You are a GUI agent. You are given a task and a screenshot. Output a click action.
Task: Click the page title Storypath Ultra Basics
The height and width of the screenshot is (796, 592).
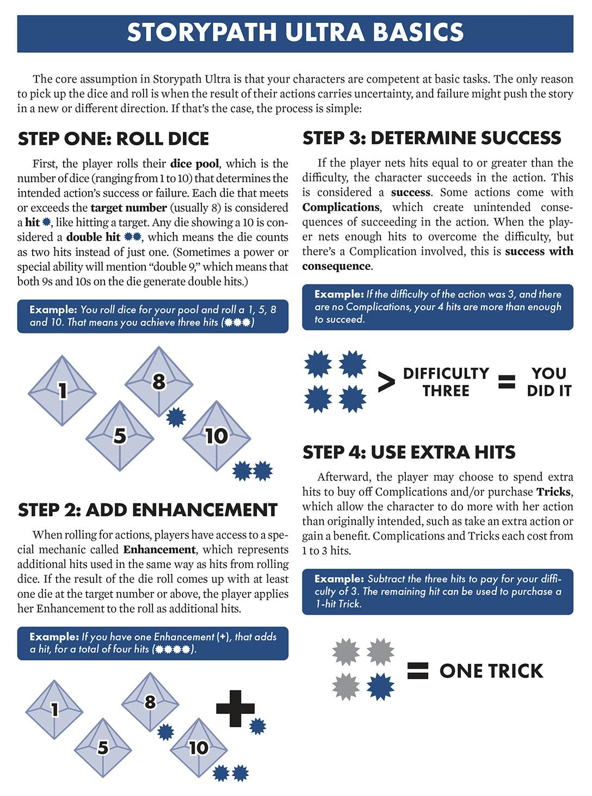click(x=295, y=33)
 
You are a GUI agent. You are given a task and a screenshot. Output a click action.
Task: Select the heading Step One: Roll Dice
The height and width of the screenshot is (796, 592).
click(x=113, y=139)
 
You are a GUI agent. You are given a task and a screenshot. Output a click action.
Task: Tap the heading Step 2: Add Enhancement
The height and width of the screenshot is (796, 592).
click(x=147, y=510)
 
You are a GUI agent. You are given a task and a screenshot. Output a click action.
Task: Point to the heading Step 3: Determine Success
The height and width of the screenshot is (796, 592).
click(x=431, y=138)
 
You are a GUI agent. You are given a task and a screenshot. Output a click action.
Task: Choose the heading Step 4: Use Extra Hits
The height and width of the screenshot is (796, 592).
click(x=409, y=452)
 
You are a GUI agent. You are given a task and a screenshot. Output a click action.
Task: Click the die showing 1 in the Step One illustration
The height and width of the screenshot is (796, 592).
click(x=62, y=390)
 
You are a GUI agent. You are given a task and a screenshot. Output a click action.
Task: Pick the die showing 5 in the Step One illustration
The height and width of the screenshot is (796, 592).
click(x=120, y=435)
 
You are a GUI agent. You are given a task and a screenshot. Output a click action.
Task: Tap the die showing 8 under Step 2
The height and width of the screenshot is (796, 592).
click(x=150, y=702)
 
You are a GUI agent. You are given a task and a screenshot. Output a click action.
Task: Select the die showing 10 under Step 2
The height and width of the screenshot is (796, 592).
click(x=198, y=748)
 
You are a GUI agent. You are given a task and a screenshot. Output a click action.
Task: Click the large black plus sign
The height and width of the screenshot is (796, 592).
click(x=235, y=708)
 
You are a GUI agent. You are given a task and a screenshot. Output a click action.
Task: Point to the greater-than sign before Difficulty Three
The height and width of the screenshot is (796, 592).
click(x=386, y=382)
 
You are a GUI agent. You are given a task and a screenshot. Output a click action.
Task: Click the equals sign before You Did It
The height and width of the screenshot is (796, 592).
click(x=507, y=382)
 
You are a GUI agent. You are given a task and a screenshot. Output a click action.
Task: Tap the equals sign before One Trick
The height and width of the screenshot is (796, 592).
click(x=417, y=670)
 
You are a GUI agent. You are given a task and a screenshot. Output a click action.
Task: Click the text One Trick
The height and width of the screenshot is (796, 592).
click(x=491, y=671)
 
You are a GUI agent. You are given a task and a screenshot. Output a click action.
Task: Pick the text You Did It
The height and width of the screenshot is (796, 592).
click(x=548, y=382)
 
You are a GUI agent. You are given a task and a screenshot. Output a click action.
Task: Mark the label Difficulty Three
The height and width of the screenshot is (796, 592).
click(x=446, y=382)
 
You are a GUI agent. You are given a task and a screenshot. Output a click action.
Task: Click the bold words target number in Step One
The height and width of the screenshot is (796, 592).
click(x=128, y=208)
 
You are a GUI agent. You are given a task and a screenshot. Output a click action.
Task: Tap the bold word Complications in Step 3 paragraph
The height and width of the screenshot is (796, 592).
click(x=341, y=207)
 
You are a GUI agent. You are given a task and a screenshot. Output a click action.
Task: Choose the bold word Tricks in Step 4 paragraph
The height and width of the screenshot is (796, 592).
click(x=553, y=492)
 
